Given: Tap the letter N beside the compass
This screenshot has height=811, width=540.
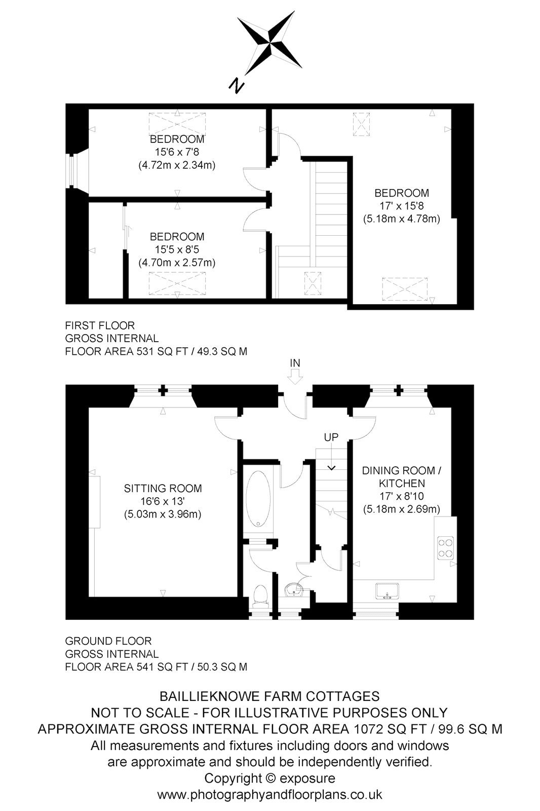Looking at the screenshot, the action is click(237, 86).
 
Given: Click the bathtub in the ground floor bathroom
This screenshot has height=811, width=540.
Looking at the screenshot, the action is click(258, 499).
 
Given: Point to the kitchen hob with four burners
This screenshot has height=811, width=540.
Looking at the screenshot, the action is click(445, 548).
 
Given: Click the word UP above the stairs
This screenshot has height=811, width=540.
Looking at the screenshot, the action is click(331, 437).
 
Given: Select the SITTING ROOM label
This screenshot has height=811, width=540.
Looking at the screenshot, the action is click(163, 489).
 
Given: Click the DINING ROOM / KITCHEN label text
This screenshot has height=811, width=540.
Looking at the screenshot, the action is click(402, 477).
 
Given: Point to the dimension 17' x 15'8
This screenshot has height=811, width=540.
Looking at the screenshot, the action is click(402, 206).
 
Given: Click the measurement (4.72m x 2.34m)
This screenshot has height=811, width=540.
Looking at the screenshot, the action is click(177, 165).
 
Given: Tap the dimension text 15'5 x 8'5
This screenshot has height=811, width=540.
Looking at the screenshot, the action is click(177, 249).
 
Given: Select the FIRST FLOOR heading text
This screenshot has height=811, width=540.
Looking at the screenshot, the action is click(100, 325).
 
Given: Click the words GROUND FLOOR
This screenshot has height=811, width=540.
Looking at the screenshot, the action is click(108, 641).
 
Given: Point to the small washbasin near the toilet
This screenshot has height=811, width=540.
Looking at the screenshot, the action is click(293, 590).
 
